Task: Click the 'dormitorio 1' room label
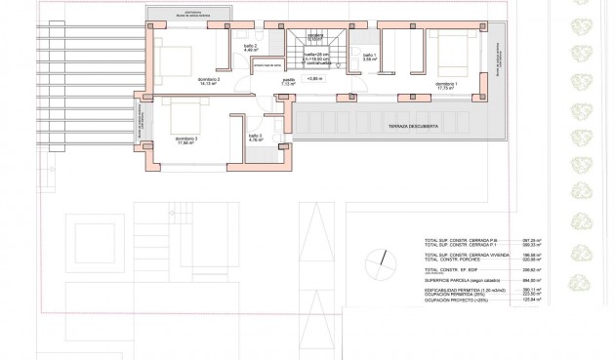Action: click(445, 85)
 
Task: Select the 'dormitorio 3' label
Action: click(186, 139)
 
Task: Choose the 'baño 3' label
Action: click(255, 136)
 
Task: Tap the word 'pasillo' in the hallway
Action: click(288, 80)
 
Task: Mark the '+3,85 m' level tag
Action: click(313, 79)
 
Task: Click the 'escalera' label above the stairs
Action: click(314, 35)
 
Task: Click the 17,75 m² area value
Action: click(445, 90)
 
